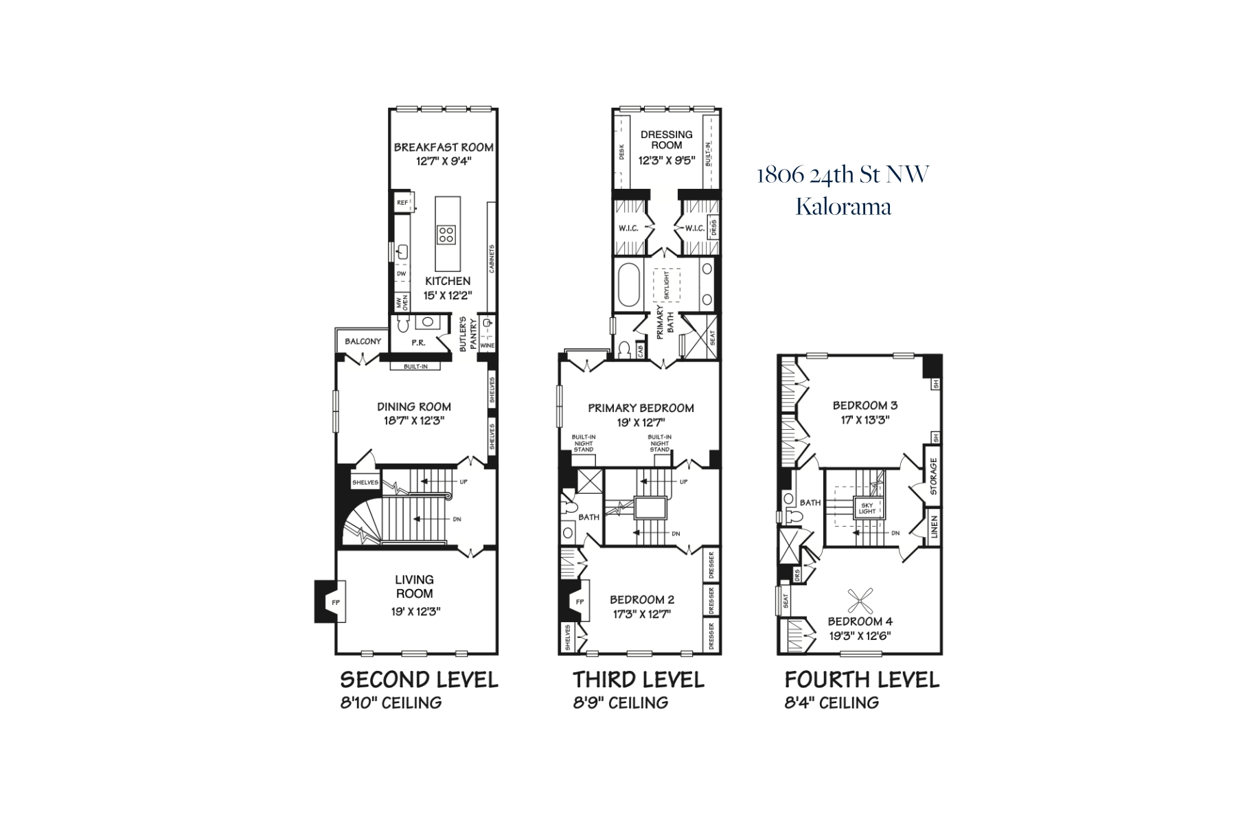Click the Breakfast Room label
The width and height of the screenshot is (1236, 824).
click(x=444, y=147)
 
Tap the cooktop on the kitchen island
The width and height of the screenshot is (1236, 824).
click(x=447, y=234)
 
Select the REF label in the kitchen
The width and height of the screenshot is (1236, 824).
click(x=402, y=203)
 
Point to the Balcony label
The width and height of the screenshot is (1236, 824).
click(x=363, y=341)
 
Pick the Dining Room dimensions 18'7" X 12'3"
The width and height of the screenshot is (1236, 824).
click(x=414, y=421)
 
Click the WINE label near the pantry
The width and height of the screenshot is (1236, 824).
click(x=488, y=345)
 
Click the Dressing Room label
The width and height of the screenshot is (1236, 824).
click(x=666, y=139)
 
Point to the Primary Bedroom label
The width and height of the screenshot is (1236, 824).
click(x=641, y=408)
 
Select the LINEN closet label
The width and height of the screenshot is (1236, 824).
click(x=934, y=527)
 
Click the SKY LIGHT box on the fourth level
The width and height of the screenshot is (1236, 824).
click(x=867, y=507)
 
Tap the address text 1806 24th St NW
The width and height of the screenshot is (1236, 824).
click(x=843, y=175)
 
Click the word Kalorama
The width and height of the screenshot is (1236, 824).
click(x=843, y=207)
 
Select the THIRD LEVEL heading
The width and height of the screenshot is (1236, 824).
click(x=639, y=680)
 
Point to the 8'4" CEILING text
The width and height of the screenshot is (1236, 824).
click(x=832, y=702)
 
